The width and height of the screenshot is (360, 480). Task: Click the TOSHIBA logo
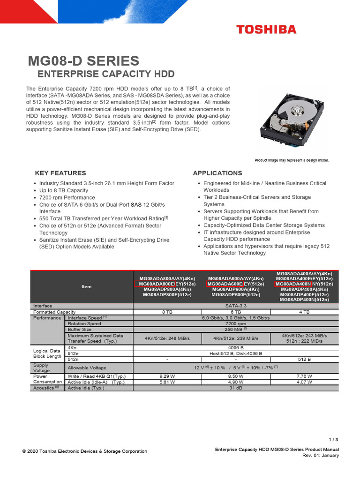(x=266, y=30)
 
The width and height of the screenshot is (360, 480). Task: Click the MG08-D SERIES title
(x=83, y=60)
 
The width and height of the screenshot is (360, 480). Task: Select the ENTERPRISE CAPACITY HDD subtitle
(x=105, y=74)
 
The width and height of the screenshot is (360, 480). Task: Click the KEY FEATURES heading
(x=60, y=173)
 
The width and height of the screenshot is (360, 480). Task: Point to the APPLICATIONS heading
(x=217, y=173)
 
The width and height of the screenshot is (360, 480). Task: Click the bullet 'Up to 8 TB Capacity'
(x=63, y=190)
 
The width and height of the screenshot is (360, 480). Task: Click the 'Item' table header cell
(x=87, y=286)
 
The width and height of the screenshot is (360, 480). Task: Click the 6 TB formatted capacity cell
(x=235, y=312)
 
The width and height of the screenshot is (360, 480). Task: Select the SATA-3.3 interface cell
(x=235, y=306)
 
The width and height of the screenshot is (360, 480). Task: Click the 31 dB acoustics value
(x=235, y=388)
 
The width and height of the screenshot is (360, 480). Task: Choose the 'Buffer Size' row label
(x=81, y=330)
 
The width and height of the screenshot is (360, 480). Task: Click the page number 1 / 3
(x=333, y=440)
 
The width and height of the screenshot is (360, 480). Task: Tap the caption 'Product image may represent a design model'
(x=292, y=160)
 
